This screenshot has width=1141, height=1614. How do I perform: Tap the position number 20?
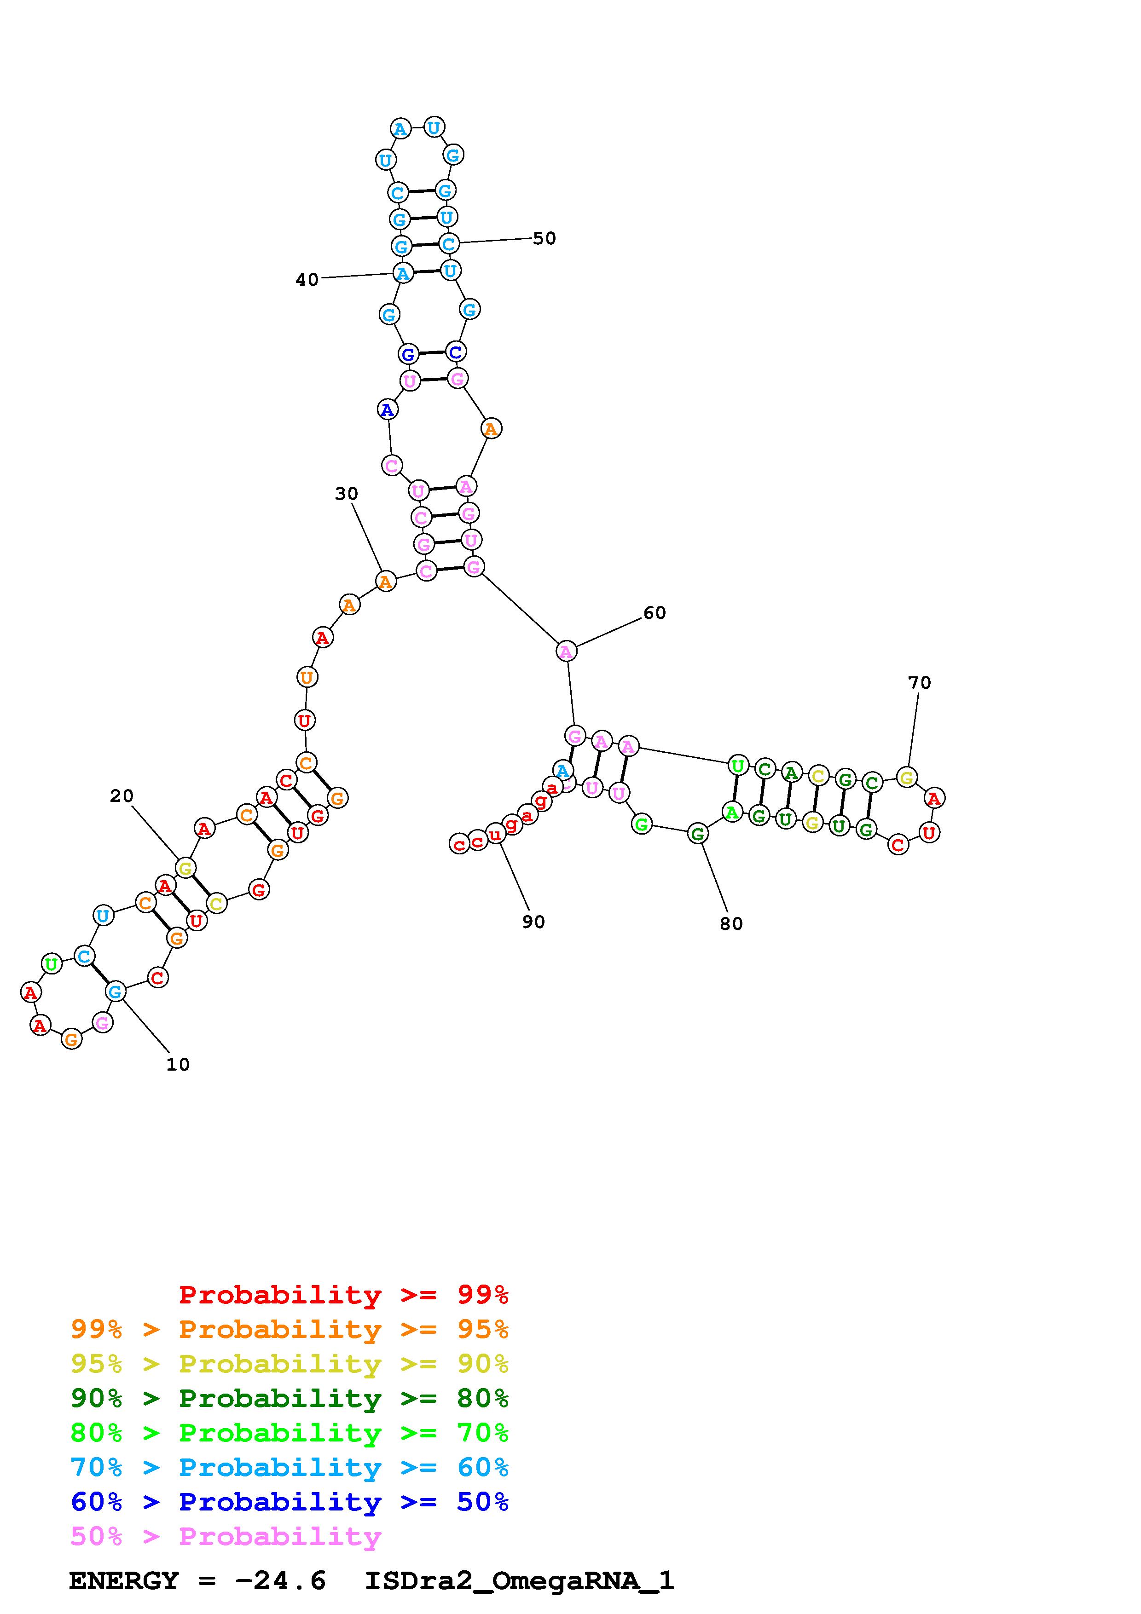tap(122, 796)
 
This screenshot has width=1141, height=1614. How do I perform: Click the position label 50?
tap(544, 239)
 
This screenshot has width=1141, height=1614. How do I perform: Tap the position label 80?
tap(731, 924)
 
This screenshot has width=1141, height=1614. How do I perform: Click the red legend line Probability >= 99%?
tap(343, 1295)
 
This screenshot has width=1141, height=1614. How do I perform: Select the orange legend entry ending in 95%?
tap(290, 1329)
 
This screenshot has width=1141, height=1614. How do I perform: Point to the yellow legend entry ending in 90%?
tap(290, 1364)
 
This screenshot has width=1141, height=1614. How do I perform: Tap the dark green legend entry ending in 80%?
tap(290, 1398)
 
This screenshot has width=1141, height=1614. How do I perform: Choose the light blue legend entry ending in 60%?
tap(290, 1467)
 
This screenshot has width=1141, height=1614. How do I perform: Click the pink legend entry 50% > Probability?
tap(226, 1536)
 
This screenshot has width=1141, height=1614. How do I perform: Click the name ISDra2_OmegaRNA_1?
tap(519, 1580)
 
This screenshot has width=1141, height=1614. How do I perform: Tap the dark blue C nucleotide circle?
tap(456, 352)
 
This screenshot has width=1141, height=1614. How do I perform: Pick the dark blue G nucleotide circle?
tap(408, 354)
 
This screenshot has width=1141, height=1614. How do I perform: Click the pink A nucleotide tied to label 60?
tap(566, 651)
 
